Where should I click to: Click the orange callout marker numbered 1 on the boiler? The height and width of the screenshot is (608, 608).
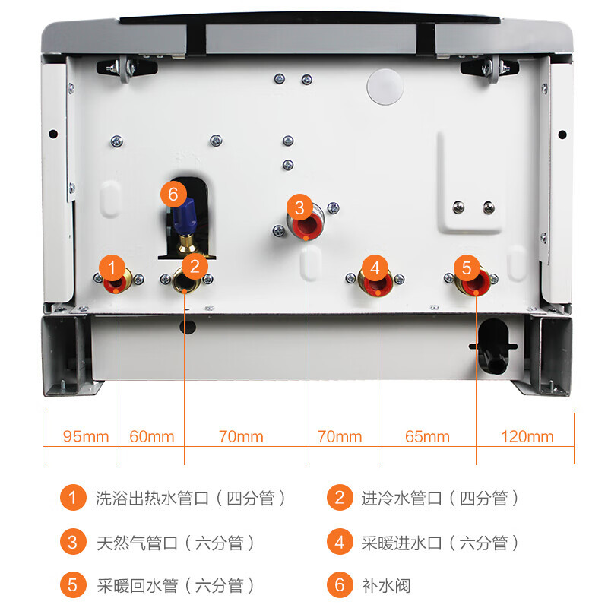click(112, 268)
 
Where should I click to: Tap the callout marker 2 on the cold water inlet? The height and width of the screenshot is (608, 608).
click(195, 266)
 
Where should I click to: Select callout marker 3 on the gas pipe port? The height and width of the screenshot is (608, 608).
click(299, 207)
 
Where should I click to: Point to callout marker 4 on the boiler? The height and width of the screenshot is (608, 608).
click(374, 268)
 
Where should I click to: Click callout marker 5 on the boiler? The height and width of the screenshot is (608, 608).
click(467, 268)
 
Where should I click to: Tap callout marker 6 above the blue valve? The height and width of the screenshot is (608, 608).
click(173, 195)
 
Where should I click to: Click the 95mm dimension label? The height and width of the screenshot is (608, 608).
click(86, 437)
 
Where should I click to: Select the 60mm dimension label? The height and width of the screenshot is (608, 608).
click(151, 437)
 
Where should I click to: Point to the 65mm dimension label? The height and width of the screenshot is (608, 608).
click(427, 437)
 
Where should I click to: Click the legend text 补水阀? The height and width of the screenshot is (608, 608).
click(387, 585)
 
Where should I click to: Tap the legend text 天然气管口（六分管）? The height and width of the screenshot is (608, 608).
click(176, 543)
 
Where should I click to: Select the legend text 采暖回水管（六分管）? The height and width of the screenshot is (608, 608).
click(176, 585)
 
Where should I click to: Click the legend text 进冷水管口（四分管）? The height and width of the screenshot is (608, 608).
click(440, 499)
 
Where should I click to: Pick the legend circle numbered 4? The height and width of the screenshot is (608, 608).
click(340, 543)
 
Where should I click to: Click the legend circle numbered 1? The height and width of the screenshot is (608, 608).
click(73, 499)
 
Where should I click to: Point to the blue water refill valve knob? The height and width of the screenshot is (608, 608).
click(185, 217)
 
